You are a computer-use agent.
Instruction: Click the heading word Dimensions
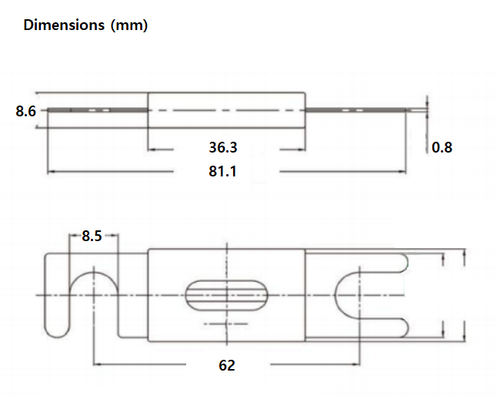click(64, 25)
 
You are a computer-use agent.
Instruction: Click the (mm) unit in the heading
click(128, 25)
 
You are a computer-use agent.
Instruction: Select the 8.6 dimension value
click(25, 112)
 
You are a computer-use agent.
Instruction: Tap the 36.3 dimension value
click(223, 147)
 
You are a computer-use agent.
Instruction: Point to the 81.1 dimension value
click(223, 171)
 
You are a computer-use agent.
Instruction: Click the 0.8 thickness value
click(442, 147)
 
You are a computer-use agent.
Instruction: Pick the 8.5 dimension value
click(92, 237)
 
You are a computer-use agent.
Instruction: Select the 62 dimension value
click(226, 365)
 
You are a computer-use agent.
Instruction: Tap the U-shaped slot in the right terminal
click(350, 294)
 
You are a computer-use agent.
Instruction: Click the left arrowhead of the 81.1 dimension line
click(51, 172)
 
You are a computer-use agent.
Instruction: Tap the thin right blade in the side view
click(362, 111)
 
